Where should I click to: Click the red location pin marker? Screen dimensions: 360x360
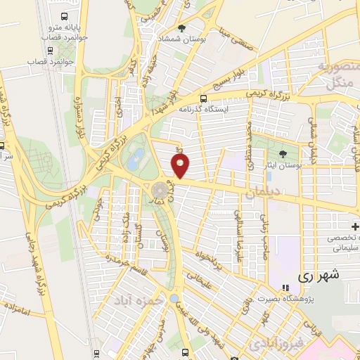pos(181,167)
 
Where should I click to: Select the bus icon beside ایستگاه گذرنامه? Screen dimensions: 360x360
pos(204,98)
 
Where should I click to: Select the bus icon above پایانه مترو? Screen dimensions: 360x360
pos(65,15)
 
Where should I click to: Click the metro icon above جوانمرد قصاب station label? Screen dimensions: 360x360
pos(50,50)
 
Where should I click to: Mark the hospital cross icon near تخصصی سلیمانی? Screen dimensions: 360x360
pos(355,226)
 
